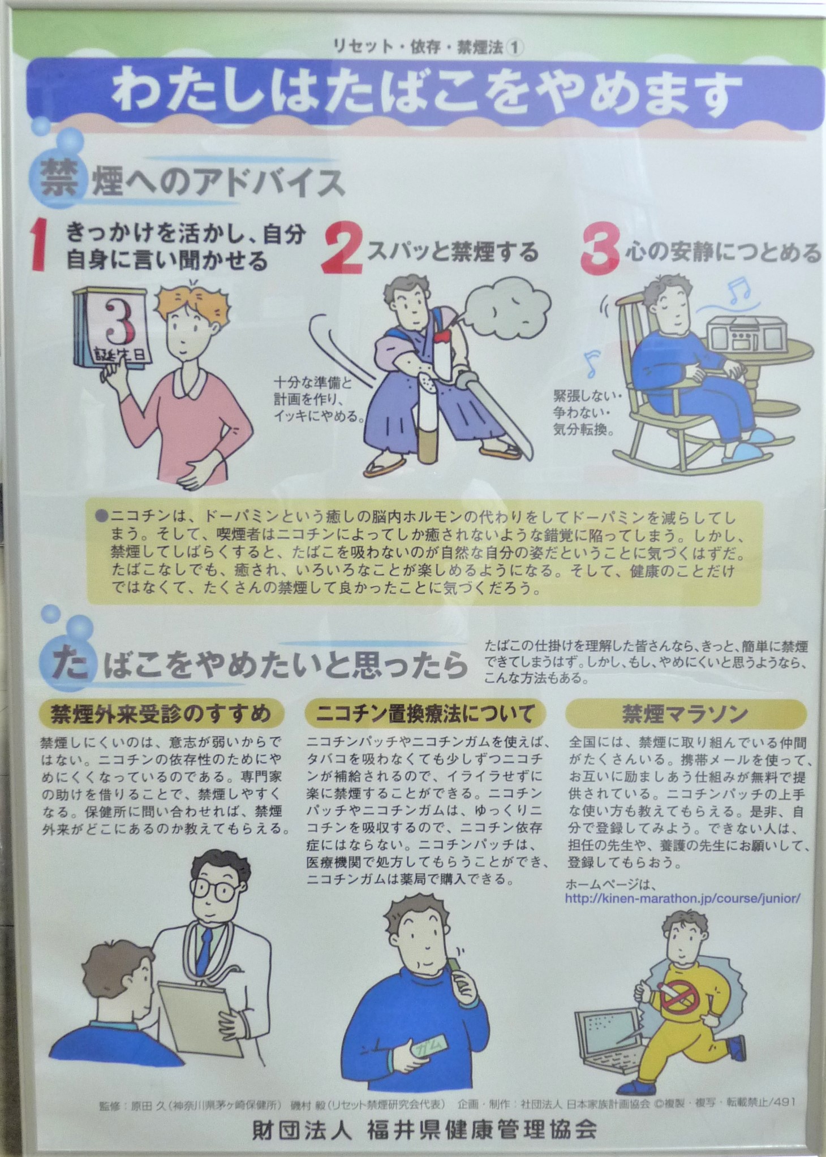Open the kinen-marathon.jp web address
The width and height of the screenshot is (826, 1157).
[683, 898]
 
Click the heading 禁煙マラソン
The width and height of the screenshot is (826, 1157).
[686, 714]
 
